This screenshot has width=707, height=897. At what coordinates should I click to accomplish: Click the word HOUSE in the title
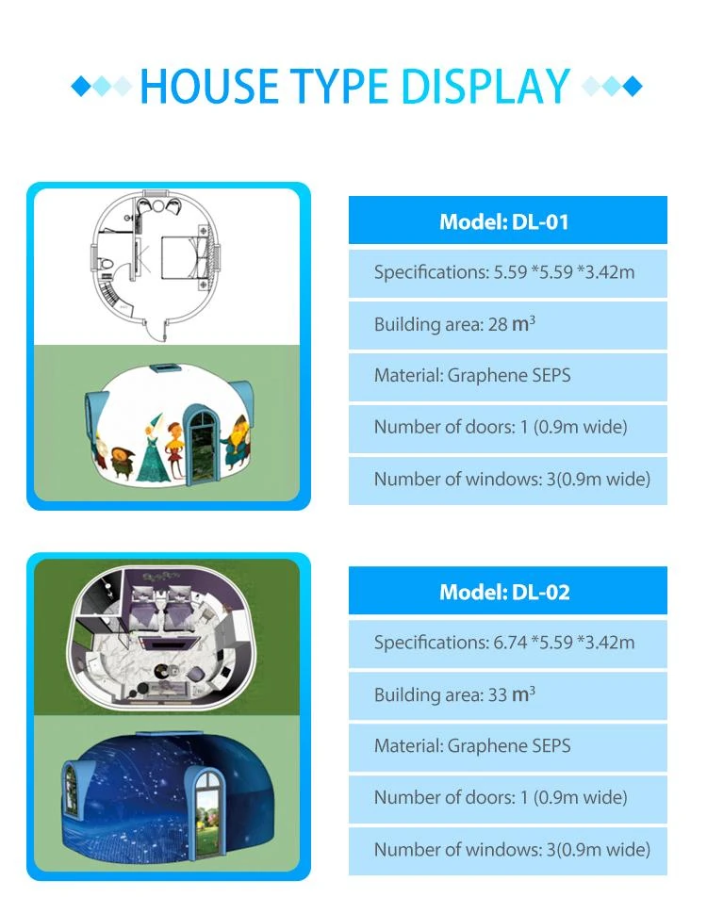point(209,87)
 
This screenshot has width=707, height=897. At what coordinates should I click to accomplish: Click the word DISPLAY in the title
point(485,87)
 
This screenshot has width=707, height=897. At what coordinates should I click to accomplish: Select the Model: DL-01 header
point(508,220)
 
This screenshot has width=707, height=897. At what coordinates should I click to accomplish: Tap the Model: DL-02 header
point(508,591)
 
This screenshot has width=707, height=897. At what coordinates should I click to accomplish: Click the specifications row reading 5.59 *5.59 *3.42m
point(508,272)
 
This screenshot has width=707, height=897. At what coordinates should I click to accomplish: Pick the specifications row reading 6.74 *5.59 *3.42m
point(508,643)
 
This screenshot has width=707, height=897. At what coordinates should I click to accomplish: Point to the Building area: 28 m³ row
point(508,324)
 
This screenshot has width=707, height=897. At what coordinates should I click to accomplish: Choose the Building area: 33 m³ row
point(508,695)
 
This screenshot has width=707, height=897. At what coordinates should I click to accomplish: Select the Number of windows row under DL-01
point(508,480)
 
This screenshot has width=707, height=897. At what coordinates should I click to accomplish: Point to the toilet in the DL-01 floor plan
point(106,264)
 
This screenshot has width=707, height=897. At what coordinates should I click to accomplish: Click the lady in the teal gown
point(152,449)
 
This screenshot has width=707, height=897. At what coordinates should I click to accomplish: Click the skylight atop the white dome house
point(166,367)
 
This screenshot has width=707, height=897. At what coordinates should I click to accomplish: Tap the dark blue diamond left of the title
point(81,87)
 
